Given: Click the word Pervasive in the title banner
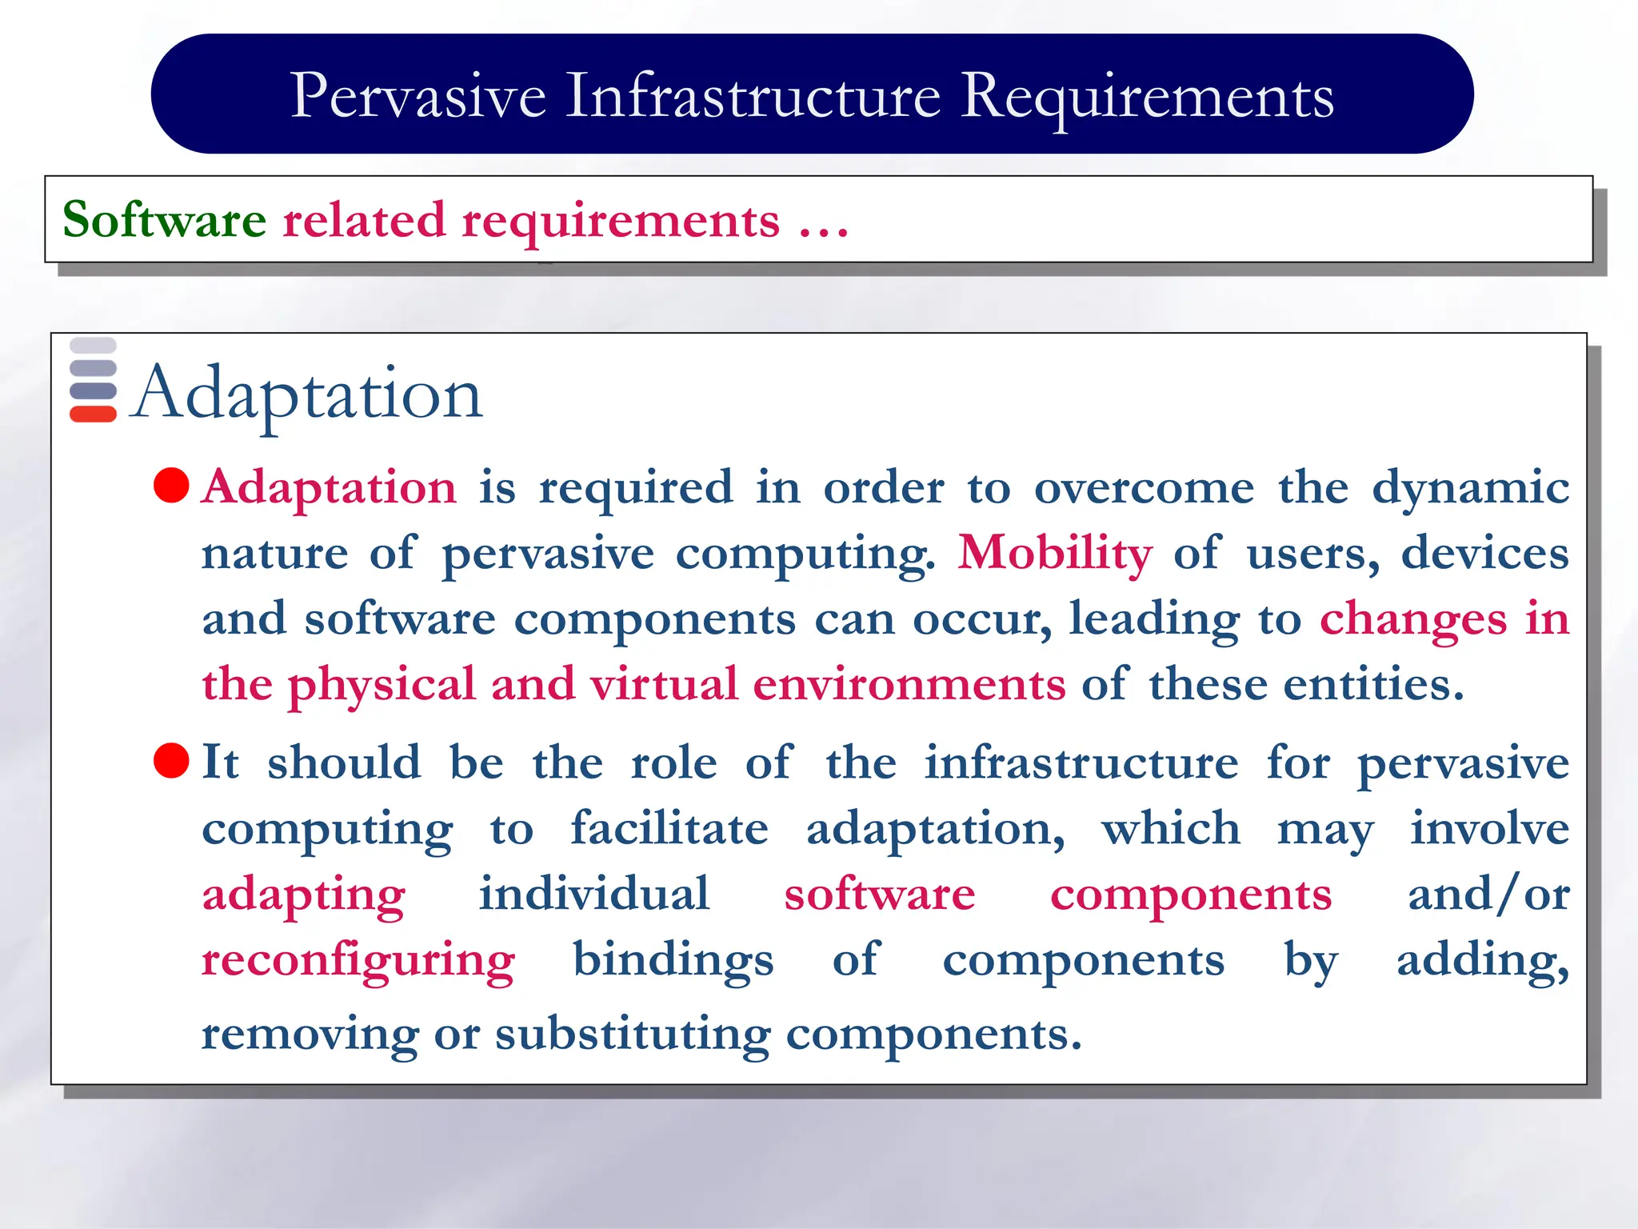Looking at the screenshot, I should (x=417, y=97).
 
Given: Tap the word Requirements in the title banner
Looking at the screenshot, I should (x=1147, y=97).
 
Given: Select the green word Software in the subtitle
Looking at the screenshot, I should (x=164, y=220).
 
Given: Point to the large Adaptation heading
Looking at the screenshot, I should (x=307, y=393).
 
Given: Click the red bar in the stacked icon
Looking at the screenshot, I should (x=93, y=414).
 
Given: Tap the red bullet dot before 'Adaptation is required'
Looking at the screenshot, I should (x=171, y=486).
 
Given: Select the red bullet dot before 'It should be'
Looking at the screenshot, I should (x=171, y=761).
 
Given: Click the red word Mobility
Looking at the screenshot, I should (x=1055, y=554).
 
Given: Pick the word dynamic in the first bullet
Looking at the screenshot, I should (x=1470, y=488).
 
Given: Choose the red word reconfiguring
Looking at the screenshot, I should (x=358, y=960).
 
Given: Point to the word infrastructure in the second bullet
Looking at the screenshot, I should (x=1081, y=763).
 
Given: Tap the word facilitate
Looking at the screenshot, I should (x=669, y=828).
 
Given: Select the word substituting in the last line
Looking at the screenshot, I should (x=633, y=1035).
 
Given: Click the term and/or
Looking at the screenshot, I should (x=1488, y=895).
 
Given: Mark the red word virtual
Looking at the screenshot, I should (x=663, y=685).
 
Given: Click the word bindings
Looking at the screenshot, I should (x=673, y=960).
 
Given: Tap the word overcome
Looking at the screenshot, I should (x=1144, y=488).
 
